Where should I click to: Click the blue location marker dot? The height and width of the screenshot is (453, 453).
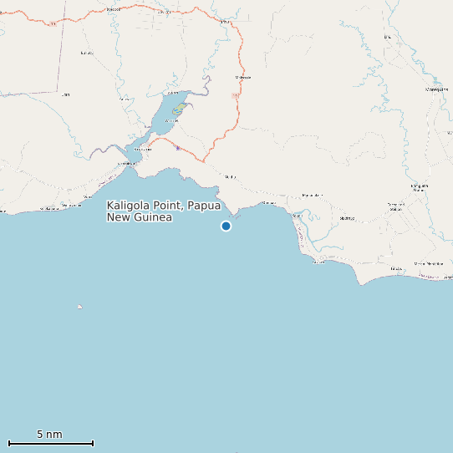coord(226,226)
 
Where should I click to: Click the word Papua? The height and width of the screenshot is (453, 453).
coord(205,206)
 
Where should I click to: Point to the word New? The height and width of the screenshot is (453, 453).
coord(119,217)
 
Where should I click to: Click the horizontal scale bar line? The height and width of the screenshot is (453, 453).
coord(50,443)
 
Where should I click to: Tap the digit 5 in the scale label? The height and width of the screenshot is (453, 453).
coord(40,435)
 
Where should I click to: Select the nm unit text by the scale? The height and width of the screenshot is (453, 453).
coord(54,435)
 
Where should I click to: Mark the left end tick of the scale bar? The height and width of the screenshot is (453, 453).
coord(8,443)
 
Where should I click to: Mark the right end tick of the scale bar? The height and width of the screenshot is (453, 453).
coord(93,443)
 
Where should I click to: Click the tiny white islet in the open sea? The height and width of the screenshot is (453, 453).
coord(80,307)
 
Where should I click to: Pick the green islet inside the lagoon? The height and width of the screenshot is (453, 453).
coord(179,109)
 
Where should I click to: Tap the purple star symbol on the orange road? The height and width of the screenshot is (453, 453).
coord(177,148)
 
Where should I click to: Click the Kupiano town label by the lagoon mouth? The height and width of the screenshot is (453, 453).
coord(143,149)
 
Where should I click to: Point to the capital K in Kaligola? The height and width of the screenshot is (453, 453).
coord(110,206)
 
